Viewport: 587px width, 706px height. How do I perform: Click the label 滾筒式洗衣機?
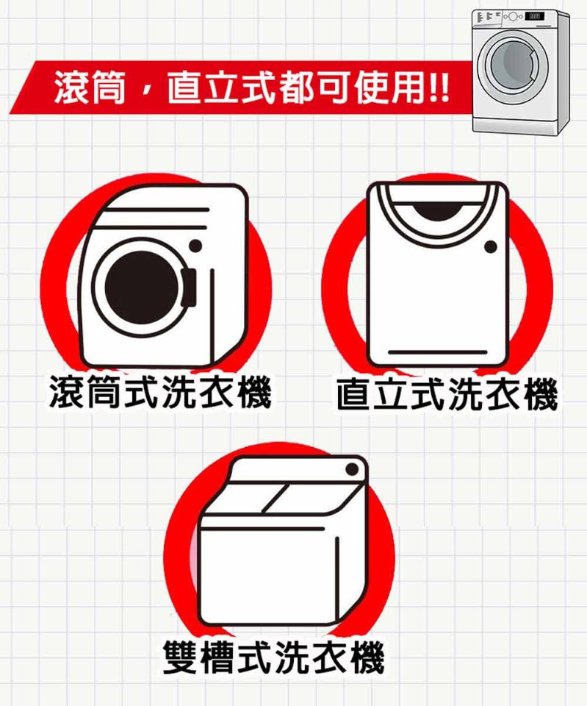(x=161, y=392)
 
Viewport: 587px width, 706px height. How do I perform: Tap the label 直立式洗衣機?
(x=447, y=394)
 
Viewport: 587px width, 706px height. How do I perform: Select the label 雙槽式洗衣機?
(x=273, y=657)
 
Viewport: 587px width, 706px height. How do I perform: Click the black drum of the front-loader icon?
(x=141, y=288)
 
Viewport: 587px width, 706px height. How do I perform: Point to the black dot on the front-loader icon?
(x=195, y=246)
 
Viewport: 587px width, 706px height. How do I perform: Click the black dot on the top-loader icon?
(x=491, y=247)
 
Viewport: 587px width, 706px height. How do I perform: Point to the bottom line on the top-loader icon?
(x=438, y=352)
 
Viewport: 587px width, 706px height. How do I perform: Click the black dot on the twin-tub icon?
(x=352, y=470)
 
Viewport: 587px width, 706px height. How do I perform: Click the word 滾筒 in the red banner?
(x=89, y=88)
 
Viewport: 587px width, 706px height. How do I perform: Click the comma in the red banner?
(x=145, y=92)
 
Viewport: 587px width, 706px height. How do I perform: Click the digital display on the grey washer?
(x=534, y=16)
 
